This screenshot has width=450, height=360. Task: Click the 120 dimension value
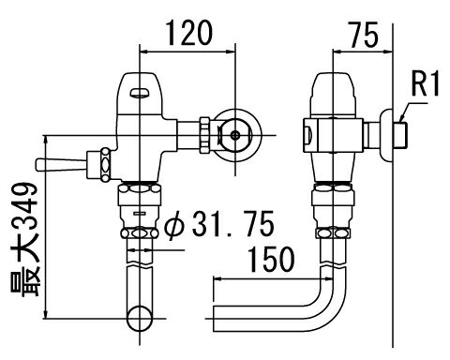(189, 33)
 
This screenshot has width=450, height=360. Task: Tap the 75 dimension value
(364, 35)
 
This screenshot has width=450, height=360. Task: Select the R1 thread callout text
(426, 83)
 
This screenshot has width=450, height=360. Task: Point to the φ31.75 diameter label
(219, 224)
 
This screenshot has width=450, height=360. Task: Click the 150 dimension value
(271, 259)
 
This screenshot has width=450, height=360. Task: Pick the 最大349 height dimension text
(24, 239)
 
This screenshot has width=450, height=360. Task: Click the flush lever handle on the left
(62, 165)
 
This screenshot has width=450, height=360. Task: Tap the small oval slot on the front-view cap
(141, 93)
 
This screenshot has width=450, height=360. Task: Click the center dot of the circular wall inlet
(235, 135)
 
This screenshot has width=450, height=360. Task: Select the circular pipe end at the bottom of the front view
(140, 319)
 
